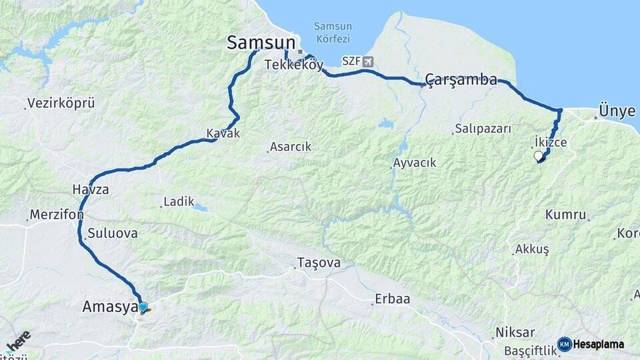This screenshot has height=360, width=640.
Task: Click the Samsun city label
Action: point(261,43)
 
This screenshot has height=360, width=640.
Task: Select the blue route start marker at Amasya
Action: point(143,307)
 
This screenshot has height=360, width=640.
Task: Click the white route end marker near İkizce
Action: point(539,156)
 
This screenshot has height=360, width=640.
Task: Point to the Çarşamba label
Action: point(461,81)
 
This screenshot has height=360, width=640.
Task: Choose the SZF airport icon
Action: point(367,61)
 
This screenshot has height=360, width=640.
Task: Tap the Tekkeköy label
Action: point(293,65)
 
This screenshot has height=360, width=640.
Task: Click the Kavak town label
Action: point(223,133)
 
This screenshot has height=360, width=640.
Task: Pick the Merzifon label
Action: point(56,215)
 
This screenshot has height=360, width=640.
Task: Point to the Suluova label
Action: point(111,233)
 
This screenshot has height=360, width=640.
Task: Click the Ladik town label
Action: point(178,201)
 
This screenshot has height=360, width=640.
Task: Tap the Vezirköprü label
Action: point(61,103)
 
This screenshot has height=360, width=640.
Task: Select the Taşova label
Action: point(318,263)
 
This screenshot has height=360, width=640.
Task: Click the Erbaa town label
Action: point(392,299)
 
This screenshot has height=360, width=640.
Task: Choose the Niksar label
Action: point(515,332)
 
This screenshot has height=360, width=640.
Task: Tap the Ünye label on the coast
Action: point(617,111)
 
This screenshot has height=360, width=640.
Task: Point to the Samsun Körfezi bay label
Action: point(333,33)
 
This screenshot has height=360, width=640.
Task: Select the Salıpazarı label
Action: point(483,129)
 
